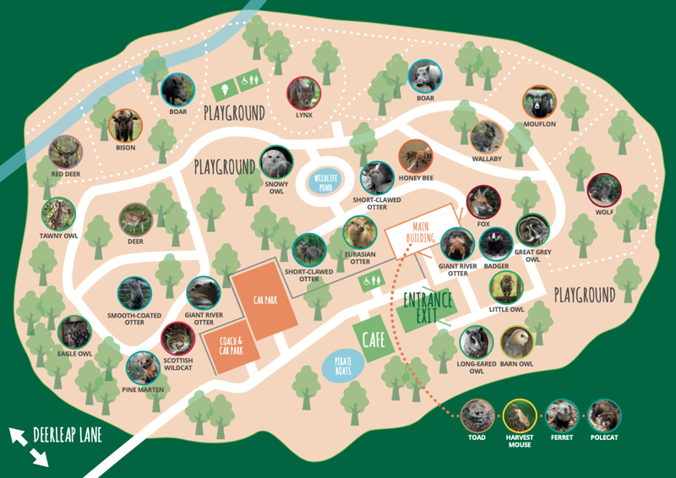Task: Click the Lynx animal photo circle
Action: click(x=303, y=94)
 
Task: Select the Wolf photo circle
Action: click(x=603, y=190)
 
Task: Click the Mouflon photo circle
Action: click(x=539, y=103)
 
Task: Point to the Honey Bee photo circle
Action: click(x=416, y=156)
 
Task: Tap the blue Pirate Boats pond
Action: click(x=343, y=367)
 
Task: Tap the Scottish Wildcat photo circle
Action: click(x=177, y=339)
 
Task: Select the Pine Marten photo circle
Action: click(x=143, y=367)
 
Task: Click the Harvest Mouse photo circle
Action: click(x=519, y=416)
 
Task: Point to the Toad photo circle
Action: click(x=477, y=416)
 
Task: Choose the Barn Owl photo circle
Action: click(x=515, y=342)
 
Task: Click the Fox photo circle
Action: click(x=482, y=202)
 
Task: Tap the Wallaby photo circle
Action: click(x=487, y=137)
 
